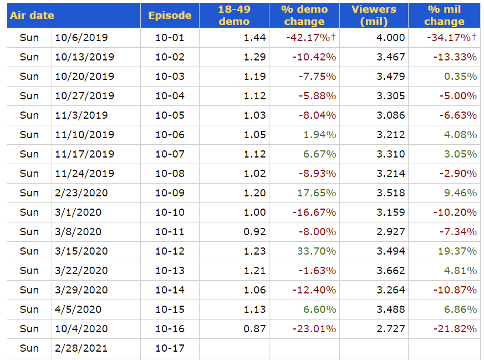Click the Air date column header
tap(32, 16)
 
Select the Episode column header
tap(170, 16)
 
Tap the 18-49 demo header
tap(234, 16)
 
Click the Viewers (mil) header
tap(374, 16)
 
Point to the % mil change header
tap(444, 16)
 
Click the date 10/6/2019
tap(81, 38)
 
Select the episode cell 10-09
tap(170, 193)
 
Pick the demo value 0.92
tap(255, 232)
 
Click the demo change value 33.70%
tap(317, 251)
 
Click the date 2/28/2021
tap(81, 348)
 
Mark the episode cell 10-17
tap(170, 348)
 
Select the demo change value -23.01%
tap(312, 329)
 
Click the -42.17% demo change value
tap(310, 38)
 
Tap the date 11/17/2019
tap(84, 154)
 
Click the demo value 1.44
tap(255, 38)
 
